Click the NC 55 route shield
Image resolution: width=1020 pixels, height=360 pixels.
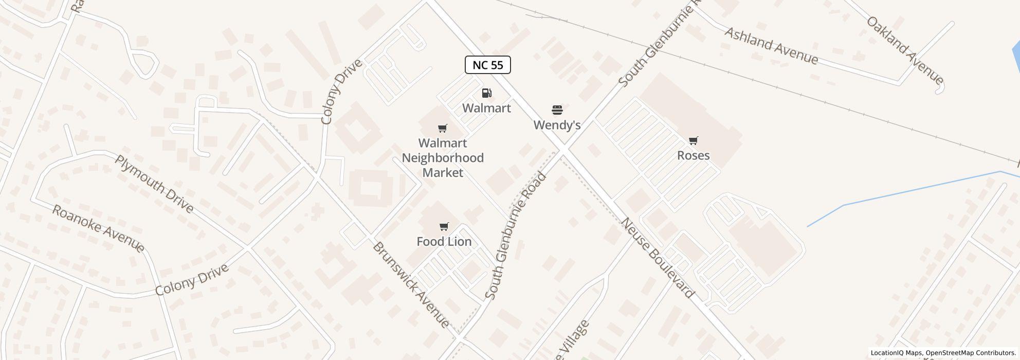(x=487, y=65)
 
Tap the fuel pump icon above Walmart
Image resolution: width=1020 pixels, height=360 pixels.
(x=486, y=93)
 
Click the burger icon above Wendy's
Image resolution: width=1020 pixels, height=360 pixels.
(x=557, y=110)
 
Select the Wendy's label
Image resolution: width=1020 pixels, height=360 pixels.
(x=557, y=125)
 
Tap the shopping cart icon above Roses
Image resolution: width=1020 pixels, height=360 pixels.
(x=693, y=140)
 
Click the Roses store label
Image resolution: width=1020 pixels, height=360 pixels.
(x=693, y=155)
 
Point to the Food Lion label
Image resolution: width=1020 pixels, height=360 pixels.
(x=444, y=241)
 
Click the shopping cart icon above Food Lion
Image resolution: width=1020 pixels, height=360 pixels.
(x=444, y=227)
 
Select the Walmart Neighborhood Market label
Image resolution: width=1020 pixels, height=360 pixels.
(x=443, y=158)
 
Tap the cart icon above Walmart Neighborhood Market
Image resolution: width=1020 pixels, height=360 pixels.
(x=442, y=129)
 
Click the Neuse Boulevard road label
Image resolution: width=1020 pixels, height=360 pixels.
(x=658, y=258)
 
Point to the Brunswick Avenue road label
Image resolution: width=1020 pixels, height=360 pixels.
(x=411, y=285)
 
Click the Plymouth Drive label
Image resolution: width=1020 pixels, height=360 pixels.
(x=154, y=184)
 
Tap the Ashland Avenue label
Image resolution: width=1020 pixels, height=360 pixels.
(x=771, y=46)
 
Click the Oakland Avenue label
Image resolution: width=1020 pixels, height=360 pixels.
(x=905, y=50)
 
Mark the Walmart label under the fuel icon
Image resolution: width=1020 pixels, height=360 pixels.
(x=486, y=108)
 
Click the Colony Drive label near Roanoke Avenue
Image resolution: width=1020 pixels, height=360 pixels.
(x=192, y=280)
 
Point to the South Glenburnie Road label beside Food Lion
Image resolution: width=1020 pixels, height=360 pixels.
(x=515, y=236)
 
